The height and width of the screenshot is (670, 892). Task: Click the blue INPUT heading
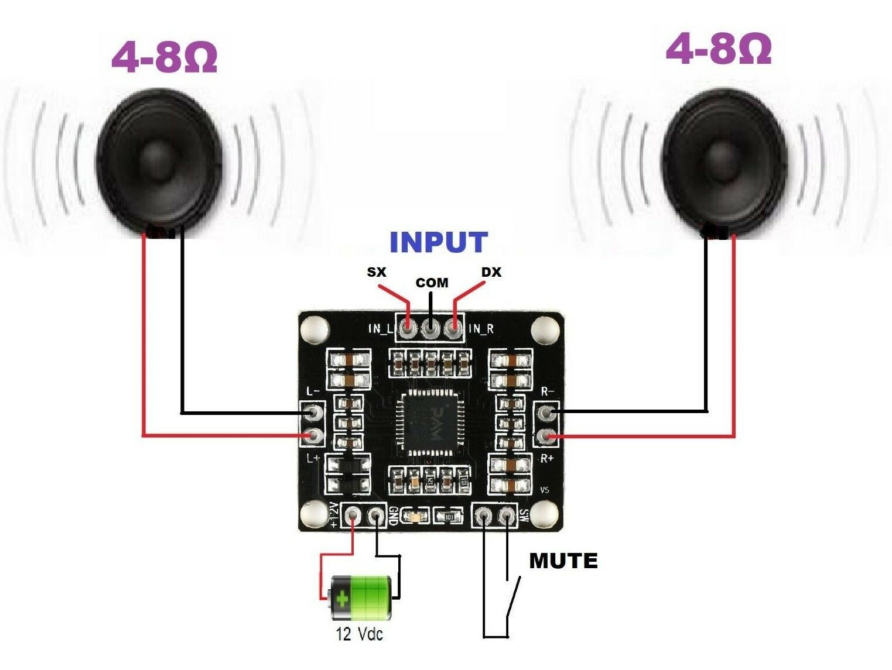(438, 242)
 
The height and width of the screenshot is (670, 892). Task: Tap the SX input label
(377, 272)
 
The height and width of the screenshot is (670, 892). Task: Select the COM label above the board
(432, 283)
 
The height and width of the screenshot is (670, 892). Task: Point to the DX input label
(491, 272)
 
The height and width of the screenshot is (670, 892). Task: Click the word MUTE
(563, 561)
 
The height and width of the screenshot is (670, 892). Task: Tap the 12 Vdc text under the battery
(359, 634)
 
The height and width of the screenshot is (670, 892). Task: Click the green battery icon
(360, 597)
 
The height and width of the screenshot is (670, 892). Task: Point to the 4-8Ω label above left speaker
(164, 57)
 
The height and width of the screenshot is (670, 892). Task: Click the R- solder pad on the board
(547, 413)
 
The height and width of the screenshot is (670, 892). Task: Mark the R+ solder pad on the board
(547, 436)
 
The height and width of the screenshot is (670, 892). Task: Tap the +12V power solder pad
(353, 516)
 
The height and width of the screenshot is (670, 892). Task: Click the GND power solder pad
(375, 516)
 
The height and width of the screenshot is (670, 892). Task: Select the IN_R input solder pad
(452, 329)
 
